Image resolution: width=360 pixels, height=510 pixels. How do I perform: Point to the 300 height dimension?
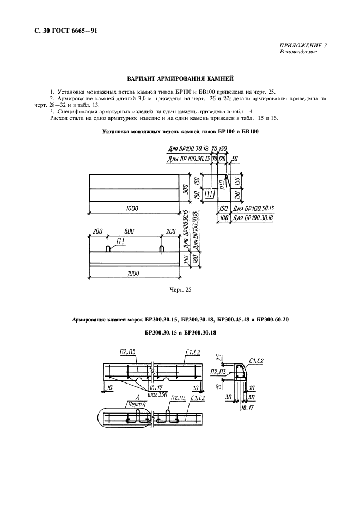tap(185, 189)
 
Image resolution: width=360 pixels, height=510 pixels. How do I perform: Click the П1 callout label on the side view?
tap(120, 241)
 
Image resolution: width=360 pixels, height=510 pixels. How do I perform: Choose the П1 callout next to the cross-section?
tap(209, 195)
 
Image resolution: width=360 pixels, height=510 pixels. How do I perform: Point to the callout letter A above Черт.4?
tap(124, 397)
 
